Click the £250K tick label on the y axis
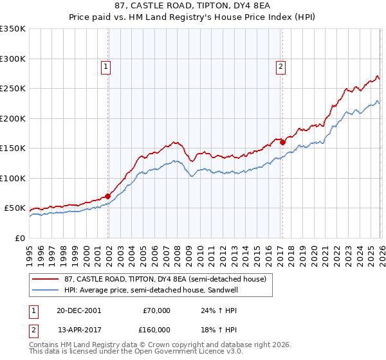[x=12, y=89]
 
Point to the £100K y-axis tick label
[x=12, y=178]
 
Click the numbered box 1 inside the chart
[x=105, y=65]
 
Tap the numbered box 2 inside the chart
[x=281, y=65]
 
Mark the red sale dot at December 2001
[x=108, y=196]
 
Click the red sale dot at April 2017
[x=282, y=142]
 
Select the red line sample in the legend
[x=46, y=278]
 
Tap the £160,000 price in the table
[x=156, y=329]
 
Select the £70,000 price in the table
[x=156, y=310]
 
